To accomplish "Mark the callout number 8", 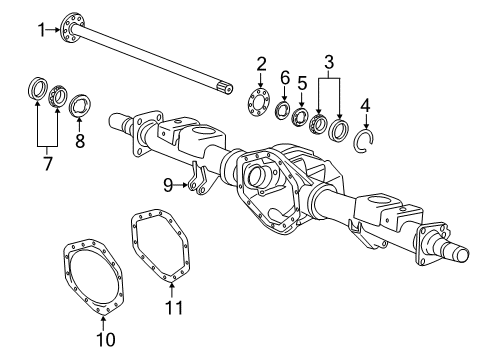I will pos(80,141).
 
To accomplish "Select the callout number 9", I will pos(169,183).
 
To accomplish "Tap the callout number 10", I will pos(105,339).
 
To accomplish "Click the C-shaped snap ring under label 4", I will pos(367,141).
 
